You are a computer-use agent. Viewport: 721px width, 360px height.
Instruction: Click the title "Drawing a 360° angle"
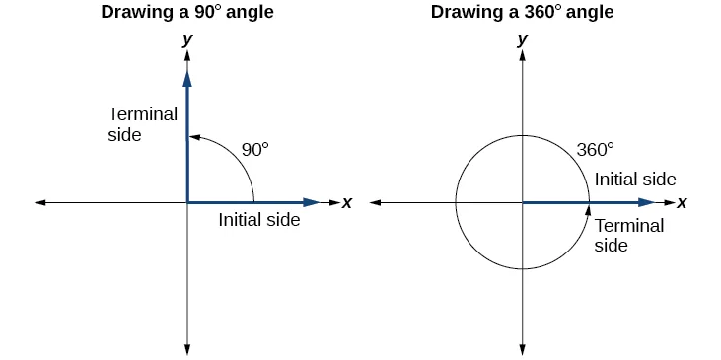521,13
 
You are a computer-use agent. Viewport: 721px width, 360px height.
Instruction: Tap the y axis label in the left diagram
186,39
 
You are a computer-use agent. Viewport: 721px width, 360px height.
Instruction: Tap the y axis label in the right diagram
522,39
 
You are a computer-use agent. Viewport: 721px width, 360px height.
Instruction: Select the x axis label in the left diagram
347,202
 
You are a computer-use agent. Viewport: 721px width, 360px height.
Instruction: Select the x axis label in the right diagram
682,202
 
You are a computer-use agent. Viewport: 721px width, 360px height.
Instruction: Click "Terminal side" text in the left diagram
142,123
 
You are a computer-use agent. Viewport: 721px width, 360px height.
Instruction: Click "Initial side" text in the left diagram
259,221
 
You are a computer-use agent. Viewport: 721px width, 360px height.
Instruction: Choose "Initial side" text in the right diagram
635,180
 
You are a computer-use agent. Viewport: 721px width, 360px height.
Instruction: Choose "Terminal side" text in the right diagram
629,235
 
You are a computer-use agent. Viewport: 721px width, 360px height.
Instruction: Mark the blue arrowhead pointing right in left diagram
312,202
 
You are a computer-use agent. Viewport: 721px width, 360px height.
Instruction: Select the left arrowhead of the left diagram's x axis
40,202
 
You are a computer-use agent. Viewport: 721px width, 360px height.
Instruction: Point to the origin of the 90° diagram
186,202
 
